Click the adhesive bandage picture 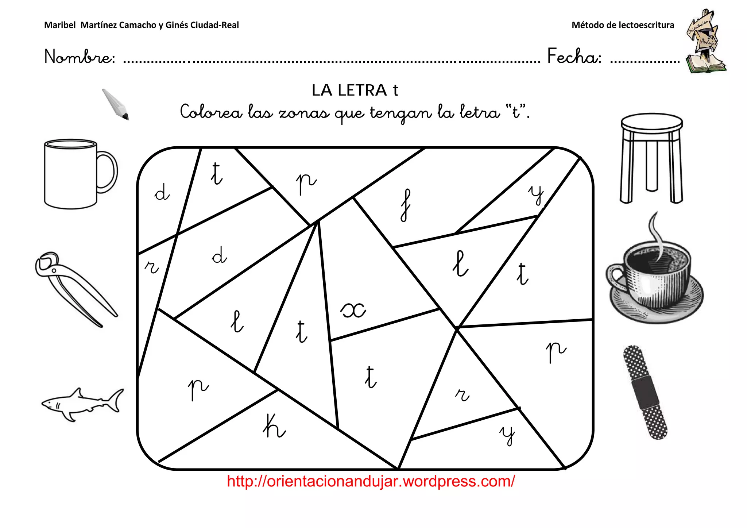pos(645,392)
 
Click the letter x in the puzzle pos(353,311)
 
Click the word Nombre pos(80,57)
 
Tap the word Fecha pos(574,57)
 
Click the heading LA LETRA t pos(355,90)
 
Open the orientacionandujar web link pos(371,481)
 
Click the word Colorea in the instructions pos(211,112)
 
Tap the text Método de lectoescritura pos(623,25)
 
